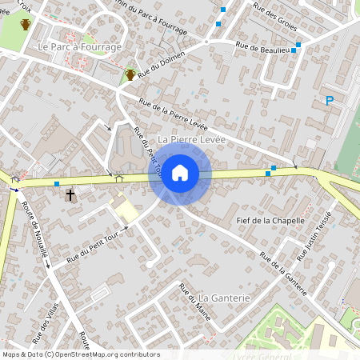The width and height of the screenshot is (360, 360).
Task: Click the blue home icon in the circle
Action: pos(180,173)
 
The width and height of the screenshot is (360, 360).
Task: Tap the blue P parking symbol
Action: pos(329,101)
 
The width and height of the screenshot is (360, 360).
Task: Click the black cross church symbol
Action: pos(70,194)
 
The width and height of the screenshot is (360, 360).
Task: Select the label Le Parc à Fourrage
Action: pos(80,47)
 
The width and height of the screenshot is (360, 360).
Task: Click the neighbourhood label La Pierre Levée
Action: pos(192,139)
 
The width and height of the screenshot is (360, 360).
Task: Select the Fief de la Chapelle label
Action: pos(272,219)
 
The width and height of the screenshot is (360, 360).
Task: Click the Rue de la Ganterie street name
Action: pos(284,275)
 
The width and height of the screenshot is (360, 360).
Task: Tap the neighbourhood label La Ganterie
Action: pos(225,298)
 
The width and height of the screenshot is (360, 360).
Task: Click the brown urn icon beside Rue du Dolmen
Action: pos(130,74)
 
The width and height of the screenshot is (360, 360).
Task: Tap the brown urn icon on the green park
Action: pos(26,24)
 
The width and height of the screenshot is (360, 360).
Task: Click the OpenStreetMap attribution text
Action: pos(80,354)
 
